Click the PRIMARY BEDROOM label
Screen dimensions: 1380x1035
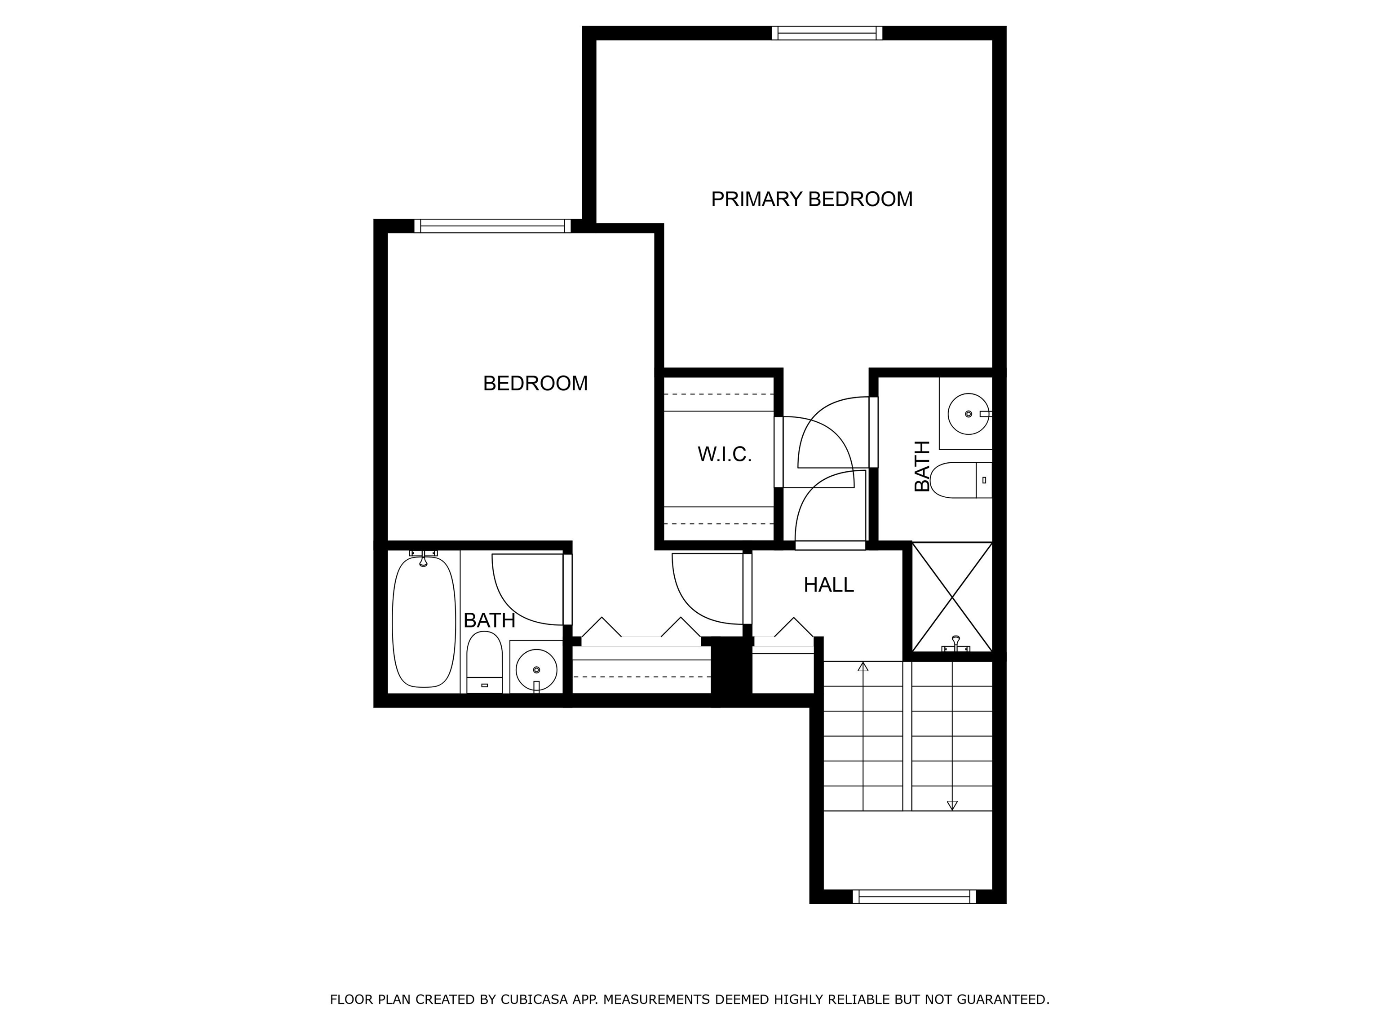click(x=812, y=199)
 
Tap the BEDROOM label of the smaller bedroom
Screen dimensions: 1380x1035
click(x=535, y=383)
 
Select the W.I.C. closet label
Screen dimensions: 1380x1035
click(x=724, y=454)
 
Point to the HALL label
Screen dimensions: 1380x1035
click(x=828, y=584)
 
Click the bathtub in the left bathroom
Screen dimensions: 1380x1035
click(x=424, y=621)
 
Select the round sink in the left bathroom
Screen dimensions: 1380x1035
click(x=536, y=669)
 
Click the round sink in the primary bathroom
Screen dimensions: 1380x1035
click(x=968, y=414)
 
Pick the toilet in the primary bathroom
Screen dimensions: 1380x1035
click(x=961, y=480)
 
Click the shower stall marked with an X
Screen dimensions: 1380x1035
click(x=952, y=597)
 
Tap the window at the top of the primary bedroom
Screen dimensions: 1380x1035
click(x=827, y=33)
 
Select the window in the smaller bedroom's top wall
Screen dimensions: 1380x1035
click(x=493, y=226)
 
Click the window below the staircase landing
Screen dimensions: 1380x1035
click(x=914, y=897)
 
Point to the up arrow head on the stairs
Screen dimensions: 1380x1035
click(x=863, y=666)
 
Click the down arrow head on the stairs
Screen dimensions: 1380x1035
click(x=952, y=805)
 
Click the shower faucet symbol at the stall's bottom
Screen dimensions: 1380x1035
click(x=956, y=645)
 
